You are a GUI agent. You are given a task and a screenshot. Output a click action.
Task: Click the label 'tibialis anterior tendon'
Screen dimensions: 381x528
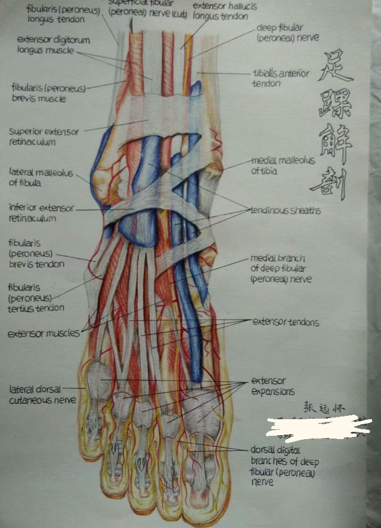(x=281, y=78)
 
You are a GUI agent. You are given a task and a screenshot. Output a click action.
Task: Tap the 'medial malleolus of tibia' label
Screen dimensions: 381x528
(x=282, y=166)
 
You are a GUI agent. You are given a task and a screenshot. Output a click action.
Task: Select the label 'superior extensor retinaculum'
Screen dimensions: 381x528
(x=44, y=137)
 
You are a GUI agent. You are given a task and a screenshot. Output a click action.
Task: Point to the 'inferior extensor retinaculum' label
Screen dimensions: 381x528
(x=41, y=213)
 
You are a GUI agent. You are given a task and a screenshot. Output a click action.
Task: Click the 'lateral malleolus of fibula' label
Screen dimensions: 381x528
(x=40, y=178)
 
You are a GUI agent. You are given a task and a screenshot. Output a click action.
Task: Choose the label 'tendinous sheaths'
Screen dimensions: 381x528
(x=285, y=210)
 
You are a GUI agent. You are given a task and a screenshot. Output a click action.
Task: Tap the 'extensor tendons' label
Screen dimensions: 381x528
(x=285, y=322)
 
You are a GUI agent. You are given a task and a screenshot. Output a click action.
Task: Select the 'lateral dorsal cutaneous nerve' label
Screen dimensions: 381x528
(x=42, y=395)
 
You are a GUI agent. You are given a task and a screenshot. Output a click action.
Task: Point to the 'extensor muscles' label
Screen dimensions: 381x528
(x=43, y=334)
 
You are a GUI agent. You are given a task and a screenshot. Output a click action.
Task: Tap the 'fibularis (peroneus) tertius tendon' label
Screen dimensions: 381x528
(x=36, y=298)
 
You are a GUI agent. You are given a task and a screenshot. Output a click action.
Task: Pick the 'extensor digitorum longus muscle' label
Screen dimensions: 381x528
(x=53, y=45)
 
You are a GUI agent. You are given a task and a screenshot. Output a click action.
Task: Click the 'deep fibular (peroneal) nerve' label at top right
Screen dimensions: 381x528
(x=287, y=33)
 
